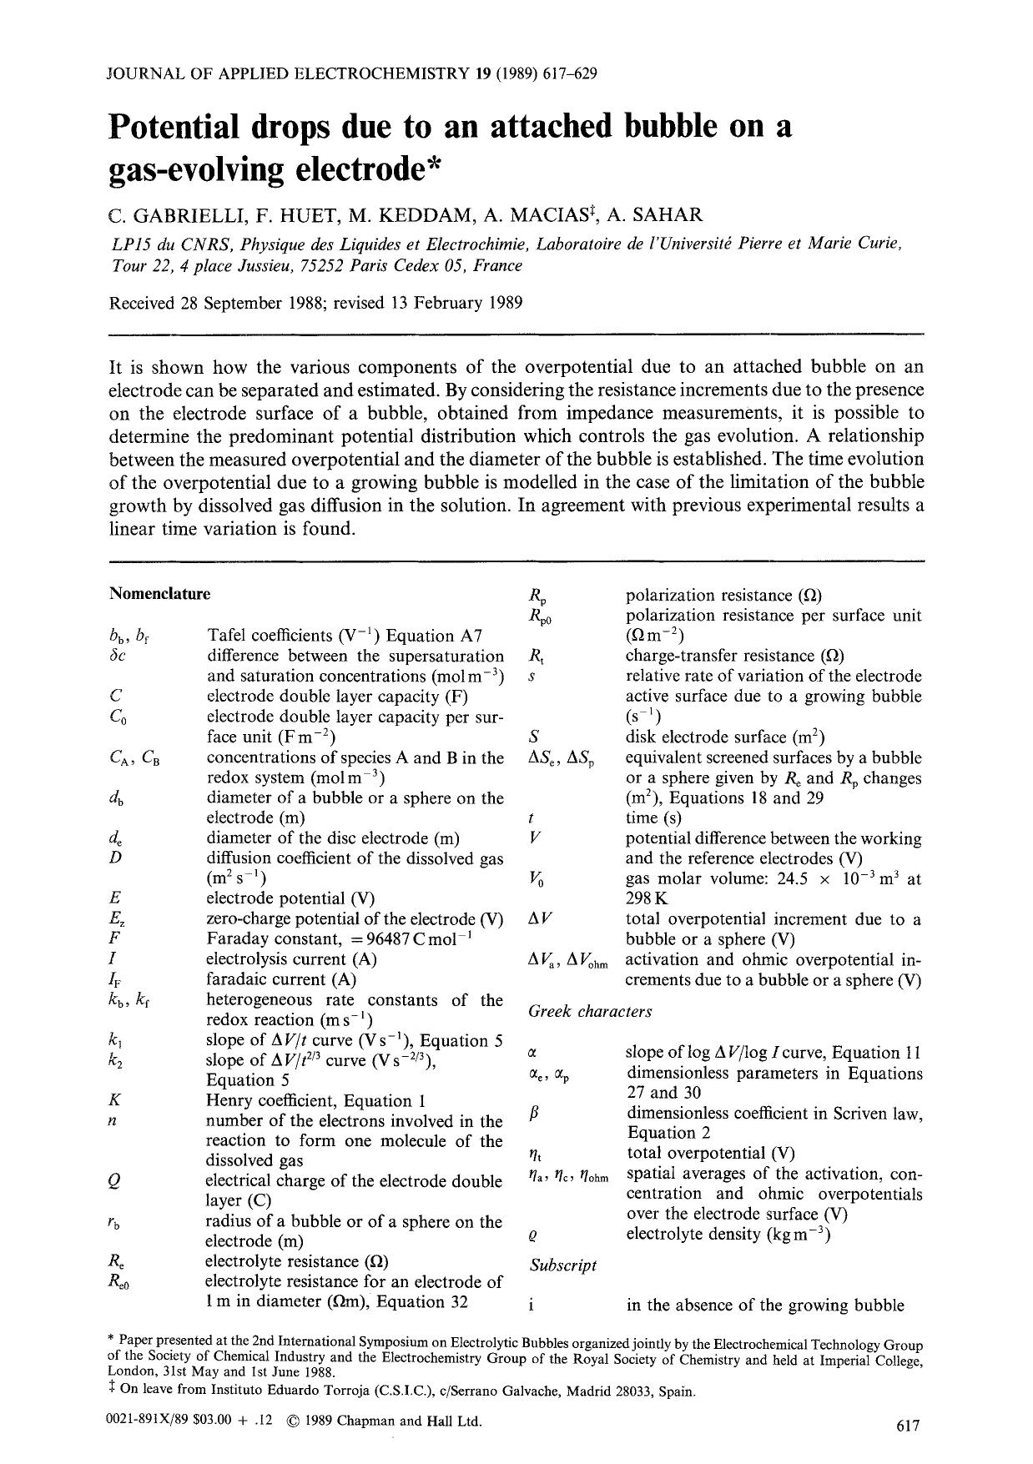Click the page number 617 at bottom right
tap(907, 1426)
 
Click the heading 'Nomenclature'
tap(159, 594)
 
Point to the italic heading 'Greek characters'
tap(590, 1012)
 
